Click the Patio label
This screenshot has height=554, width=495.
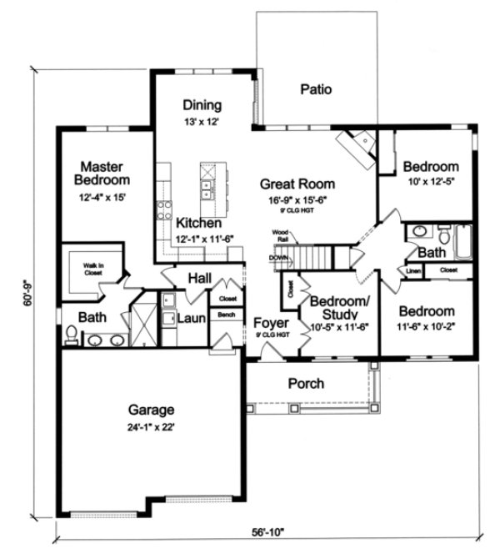(x=317, y=89)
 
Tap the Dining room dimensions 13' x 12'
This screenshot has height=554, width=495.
(x=201, y=122)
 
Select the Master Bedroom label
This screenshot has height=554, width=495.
(x=101, y=173)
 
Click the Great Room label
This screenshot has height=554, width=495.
(x=297, y=184)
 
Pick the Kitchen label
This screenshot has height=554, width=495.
(x=198, y=224)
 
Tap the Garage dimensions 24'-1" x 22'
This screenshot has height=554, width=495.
(x=151, y=426)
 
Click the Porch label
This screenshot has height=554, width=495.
(x=306, y=385)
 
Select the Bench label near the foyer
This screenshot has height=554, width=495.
(x=226, y=315)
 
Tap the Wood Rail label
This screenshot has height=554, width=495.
(x=280, y=235)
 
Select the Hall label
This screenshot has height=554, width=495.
(x=199, y=278)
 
